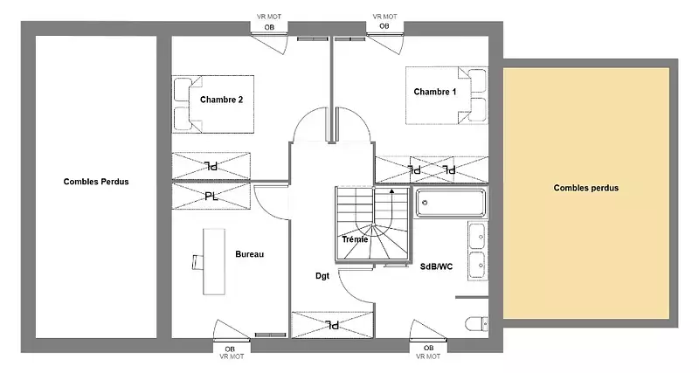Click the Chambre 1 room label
pos(434,92)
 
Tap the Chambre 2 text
pos(222,100)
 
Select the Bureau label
pos(250,254)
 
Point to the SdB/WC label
pos(436,266)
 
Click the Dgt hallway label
pos(322,276)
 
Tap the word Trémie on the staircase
pos(356,239)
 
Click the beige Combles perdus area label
pos(585,188)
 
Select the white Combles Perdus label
pos(96,182)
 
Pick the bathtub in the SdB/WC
pos(450,204)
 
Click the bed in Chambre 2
pos(213,104)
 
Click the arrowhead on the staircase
pos(391,190)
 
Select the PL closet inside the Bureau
pos(211,196)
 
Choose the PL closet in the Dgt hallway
pos(332,324)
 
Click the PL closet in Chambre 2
pos(211,166)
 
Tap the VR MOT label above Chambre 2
pos(269,17)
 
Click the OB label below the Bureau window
pos(230,349)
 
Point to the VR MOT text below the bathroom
pos(428,356)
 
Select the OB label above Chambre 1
pos(384,26)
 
